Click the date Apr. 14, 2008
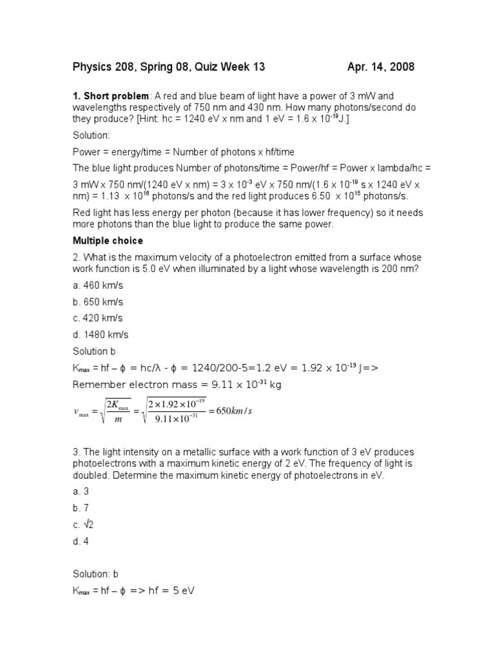pyautogui.click(x=380, y=67)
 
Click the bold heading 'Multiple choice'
pyautogui.click(x=107, y=241)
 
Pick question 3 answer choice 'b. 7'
pyautogui.click(x=81, y=508)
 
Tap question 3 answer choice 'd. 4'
pyautogui.click(x=81, y=541)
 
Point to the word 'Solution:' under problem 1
pyautogui.click(x=91, y=136)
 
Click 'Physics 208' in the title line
pyautogui.click(x=103, y=67)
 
